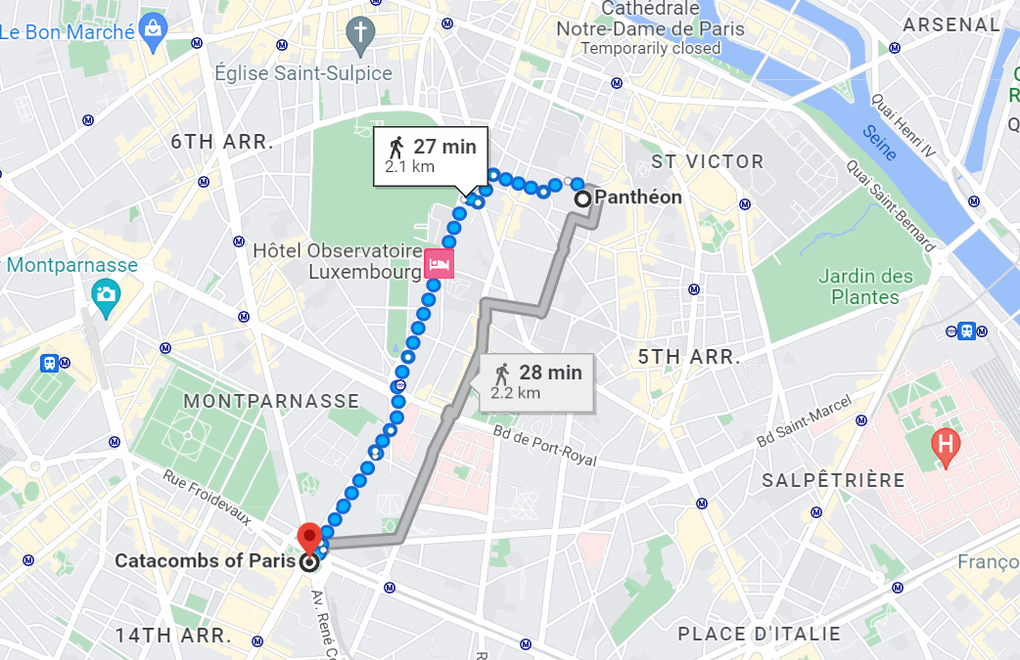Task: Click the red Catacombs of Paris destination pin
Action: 310,536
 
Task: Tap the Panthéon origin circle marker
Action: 582,198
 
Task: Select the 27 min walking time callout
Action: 431,155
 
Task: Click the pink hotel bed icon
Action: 440,264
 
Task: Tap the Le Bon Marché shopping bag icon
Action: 153,28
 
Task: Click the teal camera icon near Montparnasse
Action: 105,293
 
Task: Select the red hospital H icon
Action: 946,446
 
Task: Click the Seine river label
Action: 879,144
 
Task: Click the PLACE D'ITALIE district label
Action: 759,633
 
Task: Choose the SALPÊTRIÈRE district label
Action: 833,480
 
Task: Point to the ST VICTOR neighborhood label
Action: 707,161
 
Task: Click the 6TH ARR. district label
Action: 220,142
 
